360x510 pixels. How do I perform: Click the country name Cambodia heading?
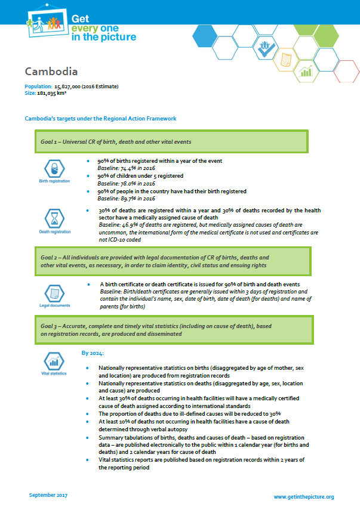tap(51, 72)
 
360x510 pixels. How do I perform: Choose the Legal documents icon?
tap(54, 293)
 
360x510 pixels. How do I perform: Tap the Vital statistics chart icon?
tap(54, 361)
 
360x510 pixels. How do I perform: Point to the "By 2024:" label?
tap(93, 354)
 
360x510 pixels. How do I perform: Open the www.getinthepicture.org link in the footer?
tap(303, 496)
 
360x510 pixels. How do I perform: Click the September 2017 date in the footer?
tap(50, 496)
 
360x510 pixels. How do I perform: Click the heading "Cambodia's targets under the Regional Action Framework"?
tap(100, 119)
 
